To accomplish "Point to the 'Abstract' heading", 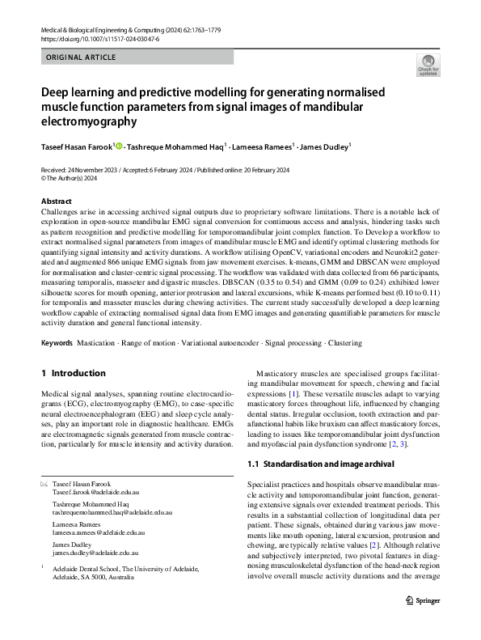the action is click(x=57, y=201).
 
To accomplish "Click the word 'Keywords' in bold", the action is click(x=57, y=343).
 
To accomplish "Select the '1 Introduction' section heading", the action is click(x=73, y=373).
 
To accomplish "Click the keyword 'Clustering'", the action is click(x=345, y=343).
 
